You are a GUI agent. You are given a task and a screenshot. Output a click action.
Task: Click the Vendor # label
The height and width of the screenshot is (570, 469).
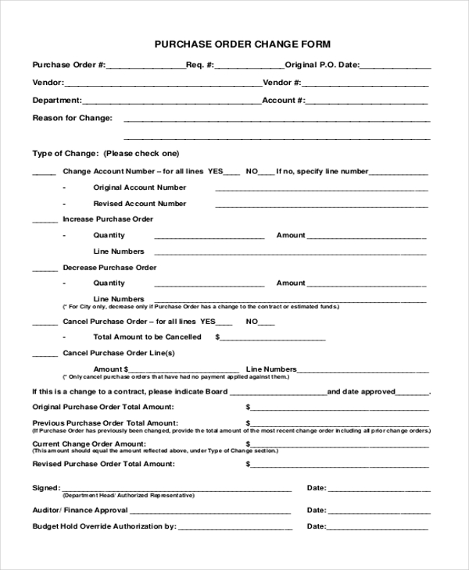click(x=282, y=82)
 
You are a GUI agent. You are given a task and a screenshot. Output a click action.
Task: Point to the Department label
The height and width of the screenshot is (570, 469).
click(x=56, y=100)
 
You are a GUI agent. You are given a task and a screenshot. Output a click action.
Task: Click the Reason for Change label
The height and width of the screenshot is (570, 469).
click(x=72, y=118)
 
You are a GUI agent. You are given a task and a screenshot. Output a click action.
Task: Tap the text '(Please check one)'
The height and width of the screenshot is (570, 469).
click(x=141, y=153)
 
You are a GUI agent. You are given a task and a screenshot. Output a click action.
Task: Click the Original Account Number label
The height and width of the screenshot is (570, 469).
click(x=140, y=187)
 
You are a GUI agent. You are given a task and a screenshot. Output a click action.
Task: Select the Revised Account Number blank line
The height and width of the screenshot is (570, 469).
click(x=321, y=206)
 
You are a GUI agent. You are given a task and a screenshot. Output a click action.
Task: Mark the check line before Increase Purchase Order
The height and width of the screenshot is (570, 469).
click(x=44, y=223)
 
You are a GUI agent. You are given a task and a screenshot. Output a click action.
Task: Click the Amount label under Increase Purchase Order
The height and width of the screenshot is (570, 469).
click(x=291, y=235)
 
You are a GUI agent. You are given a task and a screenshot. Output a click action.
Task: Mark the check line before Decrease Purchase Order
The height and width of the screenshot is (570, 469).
click(x=44, y=270)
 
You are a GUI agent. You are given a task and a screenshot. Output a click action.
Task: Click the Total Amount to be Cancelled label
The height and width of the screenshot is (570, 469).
click(x=147, y=337)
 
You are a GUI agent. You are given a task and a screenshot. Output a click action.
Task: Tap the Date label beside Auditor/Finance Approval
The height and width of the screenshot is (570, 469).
click(x=316, y=510)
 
